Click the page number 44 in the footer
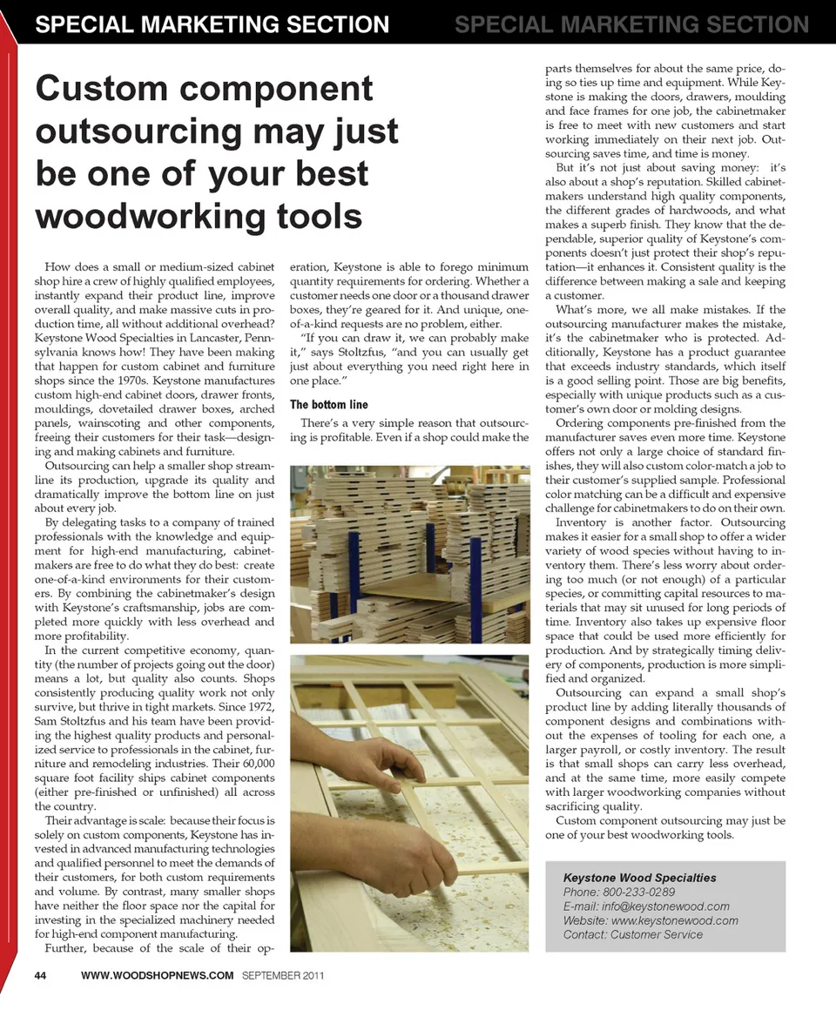pyautogui.click(x=40, y=974)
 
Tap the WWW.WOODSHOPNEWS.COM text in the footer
pyautogui.click(x=157, y=974)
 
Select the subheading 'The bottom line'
pyautogui.click(x=328, y=404)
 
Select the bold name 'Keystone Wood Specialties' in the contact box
pyautogui.click(x=640, y=877)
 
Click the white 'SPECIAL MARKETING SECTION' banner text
pyautogui.click(x=212, y=24)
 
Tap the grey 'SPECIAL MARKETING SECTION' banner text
pyautogui.click(x=631, y=24)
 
